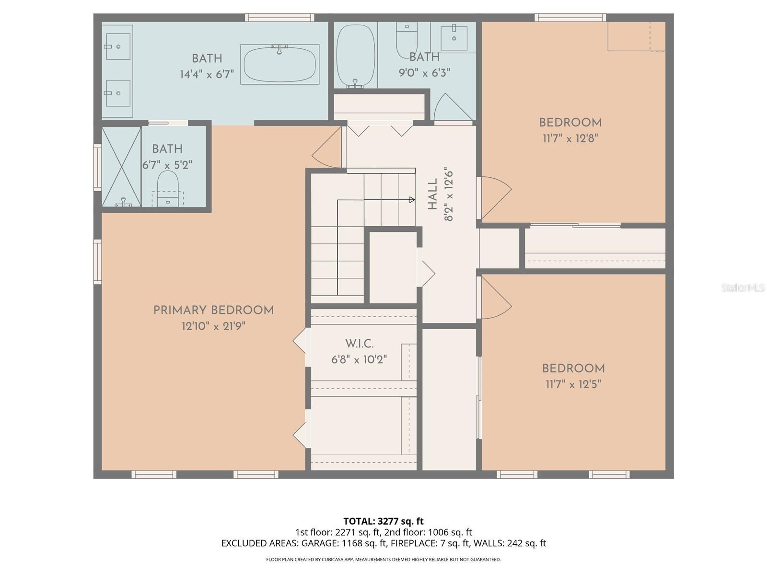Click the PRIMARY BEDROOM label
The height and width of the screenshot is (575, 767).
click(213, 310)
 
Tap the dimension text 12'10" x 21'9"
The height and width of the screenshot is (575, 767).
click(213, 326)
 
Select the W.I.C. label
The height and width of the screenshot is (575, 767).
click(359, 344)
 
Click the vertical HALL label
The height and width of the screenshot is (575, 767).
click(432, 194)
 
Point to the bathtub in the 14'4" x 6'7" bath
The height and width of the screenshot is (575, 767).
click(280, 64)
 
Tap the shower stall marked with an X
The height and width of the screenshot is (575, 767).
click(121, 166)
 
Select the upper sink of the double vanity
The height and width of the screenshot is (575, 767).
click(118, 46)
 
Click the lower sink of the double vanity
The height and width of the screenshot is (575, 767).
click(118, 93)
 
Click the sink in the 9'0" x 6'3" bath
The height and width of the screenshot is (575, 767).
click(453, 37)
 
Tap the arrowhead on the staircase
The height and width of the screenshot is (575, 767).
click(412, 200)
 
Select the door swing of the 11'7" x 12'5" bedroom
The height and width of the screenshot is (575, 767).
click(496, 299)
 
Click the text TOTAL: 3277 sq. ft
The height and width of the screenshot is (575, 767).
click(383, 521)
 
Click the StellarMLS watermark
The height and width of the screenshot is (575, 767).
click(743, 287)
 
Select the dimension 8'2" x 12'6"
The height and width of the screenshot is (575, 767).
click(449, 194)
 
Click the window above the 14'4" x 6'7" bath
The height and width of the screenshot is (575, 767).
click(280, 18)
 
